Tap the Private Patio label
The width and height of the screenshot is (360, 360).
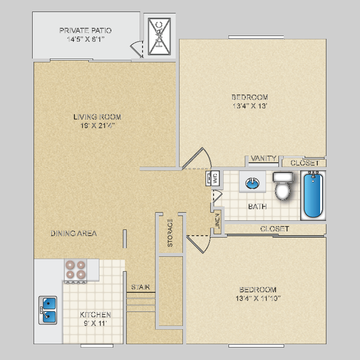point(85,31)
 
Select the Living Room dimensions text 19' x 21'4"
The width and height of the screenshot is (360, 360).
point(97,126)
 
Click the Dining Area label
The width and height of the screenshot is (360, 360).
point(73,234)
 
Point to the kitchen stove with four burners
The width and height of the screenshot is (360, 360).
point(75,270)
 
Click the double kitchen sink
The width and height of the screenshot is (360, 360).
point(48,310)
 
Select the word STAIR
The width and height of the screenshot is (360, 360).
point(141,288)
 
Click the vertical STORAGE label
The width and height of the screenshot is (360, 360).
point(170,233)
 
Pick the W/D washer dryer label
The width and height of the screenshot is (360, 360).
point(216,178)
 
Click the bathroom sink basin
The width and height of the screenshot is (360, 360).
point(252,183)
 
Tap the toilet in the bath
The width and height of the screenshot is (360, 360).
point(282,186)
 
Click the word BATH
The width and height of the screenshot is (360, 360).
point(257,207)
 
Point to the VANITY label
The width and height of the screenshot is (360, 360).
point(264,158)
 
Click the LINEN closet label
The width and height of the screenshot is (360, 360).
point(217,224)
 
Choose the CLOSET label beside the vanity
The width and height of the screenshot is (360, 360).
point(305,163)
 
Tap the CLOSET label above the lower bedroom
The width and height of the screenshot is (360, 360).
point(275,229)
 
